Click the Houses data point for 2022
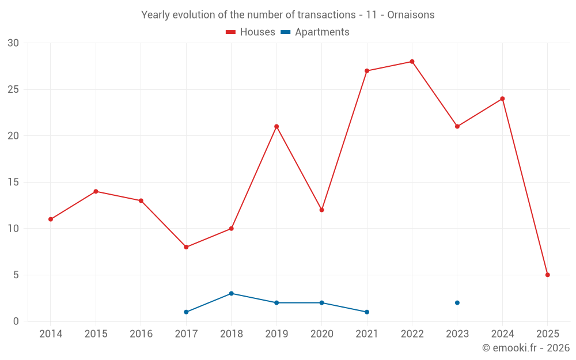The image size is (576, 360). pyautogui.click(x=412, y=62)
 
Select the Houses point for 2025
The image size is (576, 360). pyautogui.click(x=547, y=275)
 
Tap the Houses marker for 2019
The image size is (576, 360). pyautogui.click(x=276, y=127)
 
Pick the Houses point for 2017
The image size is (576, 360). pyautogui.click(x=186, y=247)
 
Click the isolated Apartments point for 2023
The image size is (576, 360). pyautogui.click(x=457, y=302)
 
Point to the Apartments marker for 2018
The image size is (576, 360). pyautogui.click(x=231, y=293)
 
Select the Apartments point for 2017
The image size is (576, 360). pyautogui.click(x=186, y=312)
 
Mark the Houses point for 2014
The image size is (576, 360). pyautogui.click(x=51, y=219)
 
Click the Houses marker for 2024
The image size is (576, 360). pyautogui.click(x=502, y=98)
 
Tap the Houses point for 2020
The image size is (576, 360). pyautogui.click(x=321, y=210)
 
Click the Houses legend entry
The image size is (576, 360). pyautogui.click(x=251, y=32)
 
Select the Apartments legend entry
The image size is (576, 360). pyautogui.click(x=315, y=32)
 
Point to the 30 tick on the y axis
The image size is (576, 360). pyautogui.click(x=13, y=43)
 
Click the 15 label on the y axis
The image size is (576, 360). pyautogui.click(x=13, y=182)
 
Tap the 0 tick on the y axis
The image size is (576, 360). pyautogui.click(x=16, y=321)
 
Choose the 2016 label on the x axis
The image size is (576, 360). pyautogui.click(x=141, y=334)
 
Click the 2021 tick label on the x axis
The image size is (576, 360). pyautogui.click(x=367, y=334)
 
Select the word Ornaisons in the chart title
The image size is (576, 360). pyautogui.click(x=411, y=14)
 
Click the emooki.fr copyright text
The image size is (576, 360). pyautogui.click(x=525, y=348)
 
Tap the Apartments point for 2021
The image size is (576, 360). pyautogui.click(x=367, y=312)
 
